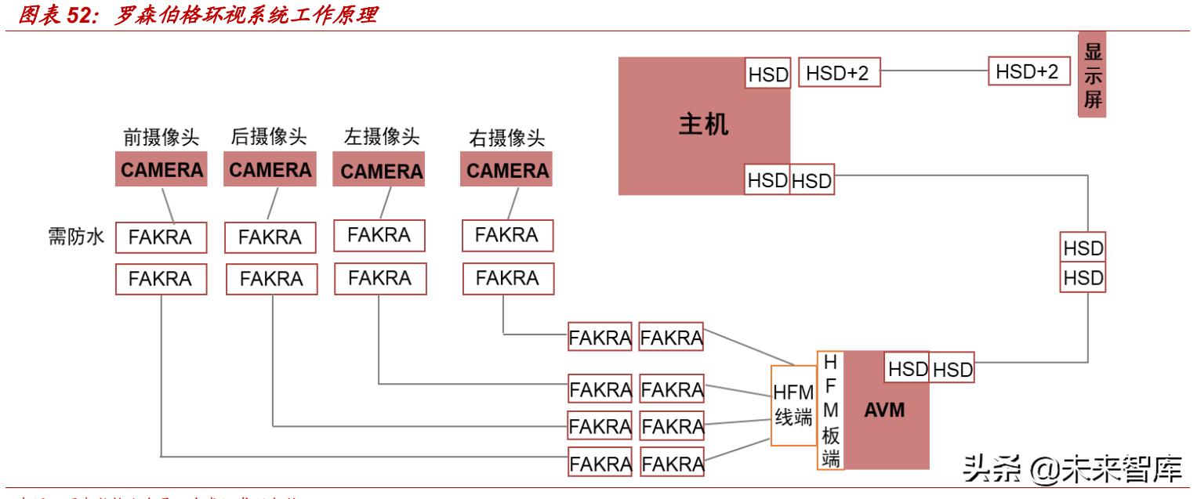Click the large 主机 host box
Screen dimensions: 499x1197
pyautogui.click(x=690, y=125)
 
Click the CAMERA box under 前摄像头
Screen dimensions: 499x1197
pyautogui.click(x=161, y=170)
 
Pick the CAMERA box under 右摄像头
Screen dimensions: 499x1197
pyautogui.click(x=506, y=171)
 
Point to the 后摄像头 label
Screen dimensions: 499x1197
pyautogui.click(x=268, y=137)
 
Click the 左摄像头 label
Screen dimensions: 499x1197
pyautogui.click(x=382, y=137)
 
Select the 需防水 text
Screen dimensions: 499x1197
pyautogui.click(x=72, y=237)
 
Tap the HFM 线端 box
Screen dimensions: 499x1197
pyautogui.click(x=793, y=406)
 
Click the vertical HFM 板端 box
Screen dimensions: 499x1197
pyautogui.click(x=830, y=410)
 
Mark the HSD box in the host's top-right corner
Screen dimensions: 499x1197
pyautogui.click(x=767, y=74)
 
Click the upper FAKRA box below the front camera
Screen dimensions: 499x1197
pyautogui.click(x=161, y=237)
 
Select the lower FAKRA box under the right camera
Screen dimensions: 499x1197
pyautogui.click(x=507, y=278)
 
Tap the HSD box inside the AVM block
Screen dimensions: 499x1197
pyautogui.click(x=907, y=369)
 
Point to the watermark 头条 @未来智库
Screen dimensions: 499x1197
pyautogui.click(x=1069, y=468)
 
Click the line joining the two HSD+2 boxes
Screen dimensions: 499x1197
pyautogui.click(x=933, y=72)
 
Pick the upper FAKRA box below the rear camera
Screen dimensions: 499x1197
pyautogui.click(x=270, y=237)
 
